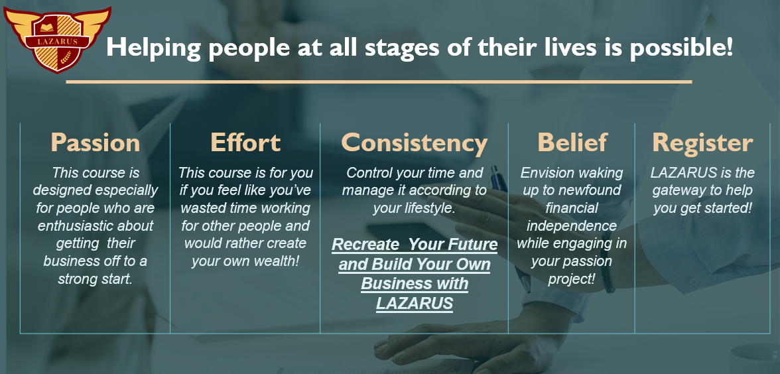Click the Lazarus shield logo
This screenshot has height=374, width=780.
(57, 38)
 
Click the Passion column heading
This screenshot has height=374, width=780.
(96, 143)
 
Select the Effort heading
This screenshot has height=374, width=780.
(245, 142)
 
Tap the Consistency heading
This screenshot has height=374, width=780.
(414, 143)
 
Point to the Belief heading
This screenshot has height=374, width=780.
(572, 142)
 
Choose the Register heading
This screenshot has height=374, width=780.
(702, 143)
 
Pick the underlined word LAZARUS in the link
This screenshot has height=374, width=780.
(415, 303)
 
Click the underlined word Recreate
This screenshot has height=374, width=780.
(365, 245)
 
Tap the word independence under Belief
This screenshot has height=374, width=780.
(572, 225)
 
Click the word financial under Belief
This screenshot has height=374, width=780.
(572, 208)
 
